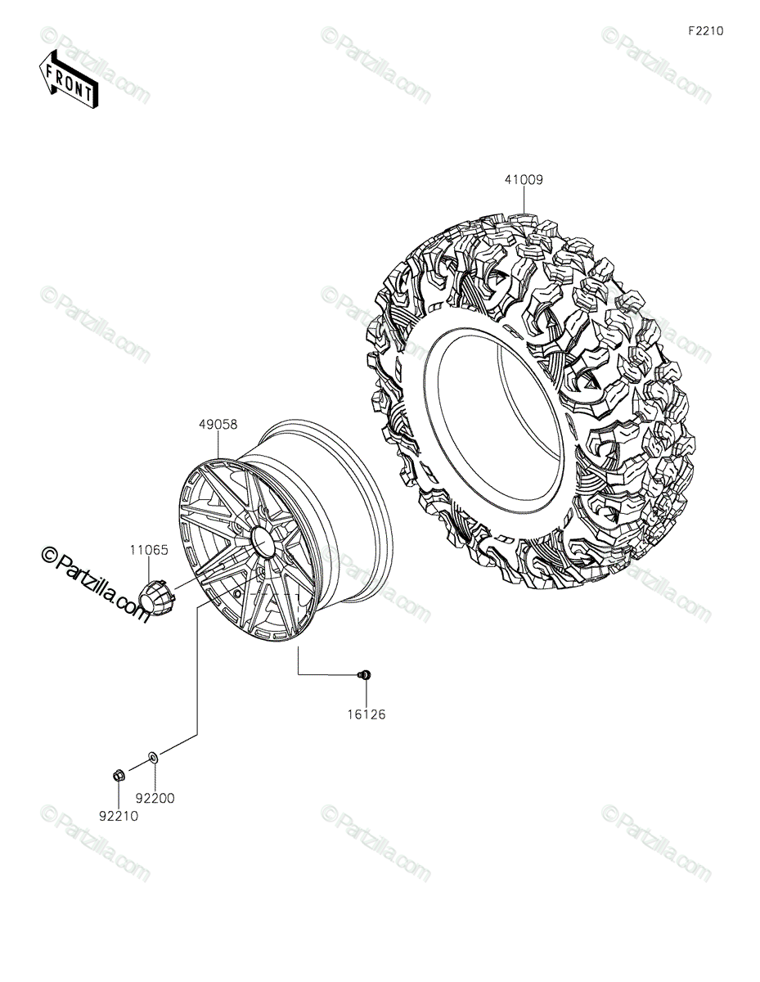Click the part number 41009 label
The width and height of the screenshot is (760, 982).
524,180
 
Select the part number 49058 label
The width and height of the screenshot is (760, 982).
218,425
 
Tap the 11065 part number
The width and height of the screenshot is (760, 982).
149,551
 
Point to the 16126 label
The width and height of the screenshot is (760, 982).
367,714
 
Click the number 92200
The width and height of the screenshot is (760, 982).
155,799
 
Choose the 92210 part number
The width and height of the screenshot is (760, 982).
119,816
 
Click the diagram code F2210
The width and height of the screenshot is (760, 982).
706,31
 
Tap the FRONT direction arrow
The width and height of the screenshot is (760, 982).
68,79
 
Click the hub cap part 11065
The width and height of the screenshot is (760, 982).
156,597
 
